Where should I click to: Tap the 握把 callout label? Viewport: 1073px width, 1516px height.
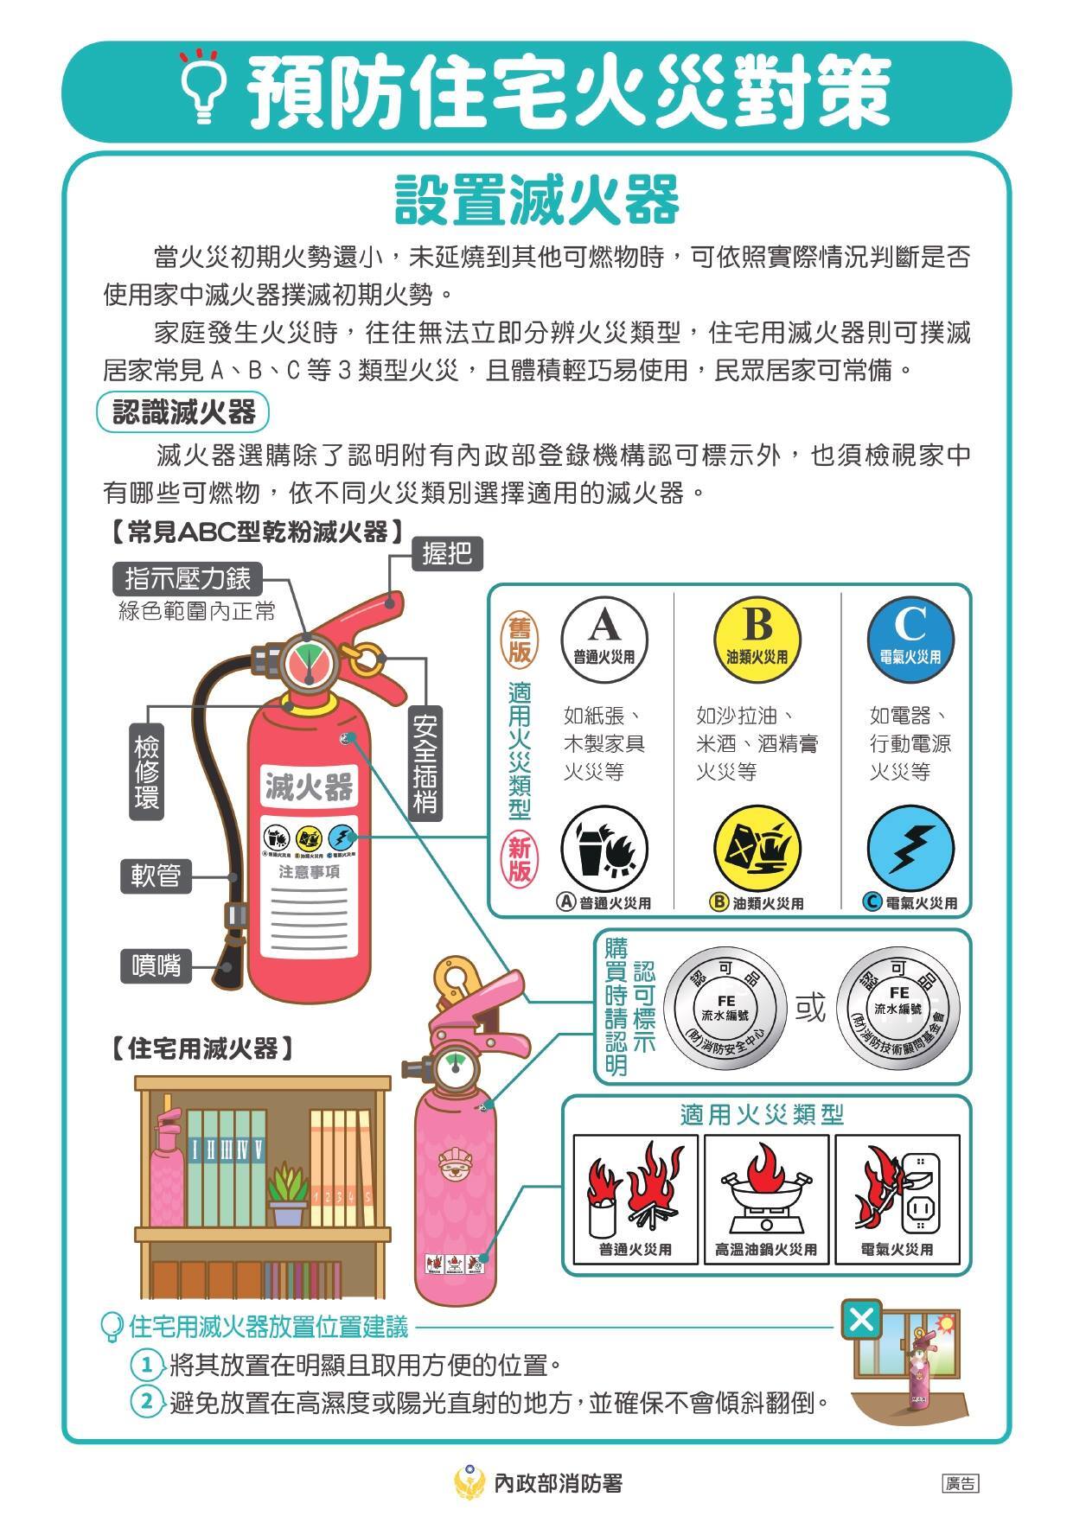(447, 554)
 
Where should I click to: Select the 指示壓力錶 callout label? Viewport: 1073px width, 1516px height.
(188, 579)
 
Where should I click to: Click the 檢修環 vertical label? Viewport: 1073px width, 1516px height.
(146, 772)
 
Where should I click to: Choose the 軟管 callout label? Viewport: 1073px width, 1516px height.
(156, 876)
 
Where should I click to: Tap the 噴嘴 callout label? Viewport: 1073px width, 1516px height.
(156, 965)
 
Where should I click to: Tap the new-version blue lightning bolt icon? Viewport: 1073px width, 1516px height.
(910, 849)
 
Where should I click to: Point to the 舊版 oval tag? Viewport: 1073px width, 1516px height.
(519, 640)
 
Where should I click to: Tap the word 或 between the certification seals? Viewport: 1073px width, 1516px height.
(810, 1008)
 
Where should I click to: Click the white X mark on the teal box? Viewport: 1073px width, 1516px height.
(861, 1320)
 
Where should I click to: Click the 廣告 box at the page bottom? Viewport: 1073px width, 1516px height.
(961, 1484)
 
